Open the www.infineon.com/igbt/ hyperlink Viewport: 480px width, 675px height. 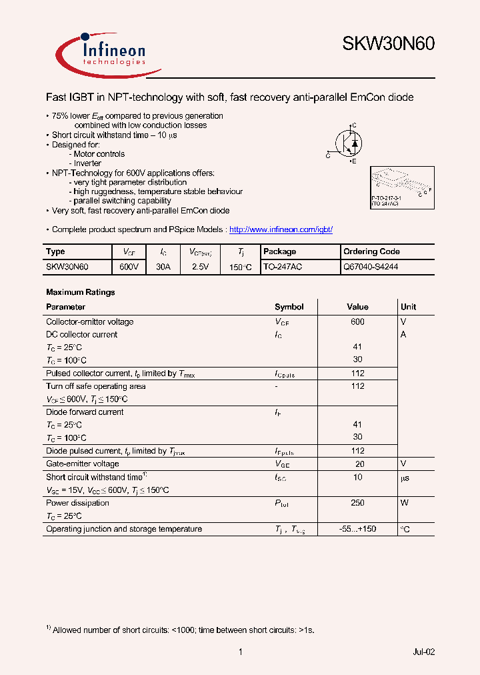coord(281,229)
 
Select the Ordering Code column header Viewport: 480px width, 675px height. coord(371,251)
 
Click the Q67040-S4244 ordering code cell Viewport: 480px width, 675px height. coord(371,266)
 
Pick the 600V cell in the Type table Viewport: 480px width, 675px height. coord(129,266)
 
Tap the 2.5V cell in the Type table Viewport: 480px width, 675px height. coord(200,266)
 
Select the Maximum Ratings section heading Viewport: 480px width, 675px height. coord(80,292)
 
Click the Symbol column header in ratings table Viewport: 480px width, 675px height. coord(289,307)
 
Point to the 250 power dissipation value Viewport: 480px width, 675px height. coord(357,503)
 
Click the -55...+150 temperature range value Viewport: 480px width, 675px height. coord(357,529)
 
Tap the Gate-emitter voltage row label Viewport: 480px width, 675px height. coord(83,464)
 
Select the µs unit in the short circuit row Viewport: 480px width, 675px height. coord(405,478)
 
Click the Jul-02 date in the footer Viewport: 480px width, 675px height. coord(423,652)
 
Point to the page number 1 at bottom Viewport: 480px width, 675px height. coord(240,652)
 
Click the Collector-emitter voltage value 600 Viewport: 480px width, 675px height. coord(357,321)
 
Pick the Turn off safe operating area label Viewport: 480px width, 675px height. coord(95,386)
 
